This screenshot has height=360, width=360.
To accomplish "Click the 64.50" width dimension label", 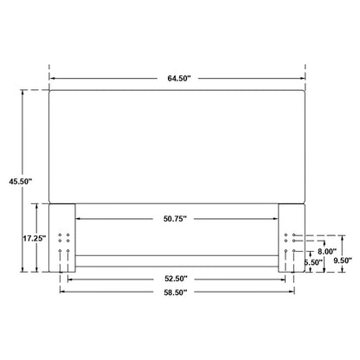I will [179, 78].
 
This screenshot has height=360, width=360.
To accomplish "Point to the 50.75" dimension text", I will [178, 218].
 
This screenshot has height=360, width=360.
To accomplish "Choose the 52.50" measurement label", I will [178, 279].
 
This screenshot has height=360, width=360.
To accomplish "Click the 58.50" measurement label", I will [178, 293].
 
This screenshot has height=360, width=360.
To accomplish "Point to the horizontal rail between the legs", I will [178, 258].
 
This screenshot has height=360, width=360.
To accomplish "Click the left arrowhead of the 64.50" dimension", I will [52, 78].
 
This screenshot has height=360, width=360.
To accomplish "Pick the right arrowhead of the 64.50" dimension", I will [305, 78].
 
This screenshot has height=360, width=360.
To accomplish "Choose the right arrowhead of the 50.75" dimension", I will [278, 218].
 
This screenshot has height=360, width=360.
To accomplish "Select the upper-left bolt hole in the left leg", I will [60, 235].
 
